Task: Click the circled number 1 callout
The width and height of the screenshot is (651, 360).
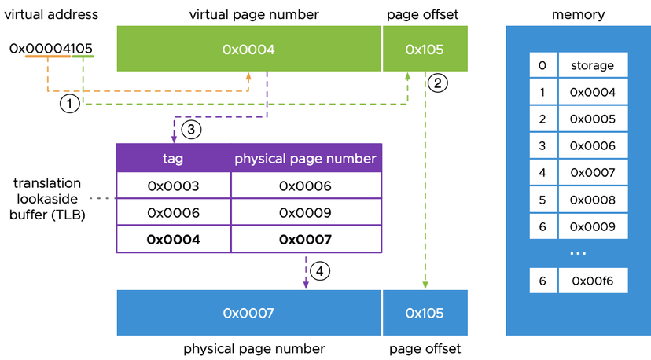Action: coord(70,103)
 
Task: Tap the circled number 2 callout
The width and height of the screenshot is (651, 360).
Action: coord(439,81)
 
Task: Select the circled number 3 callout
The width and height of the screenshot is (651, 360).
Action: coord(190,127)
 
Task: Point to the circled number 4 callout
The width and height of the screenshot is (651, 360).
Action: coord(319,271)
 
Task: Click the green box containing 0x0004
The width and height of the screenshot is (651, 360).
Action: coord(248,49)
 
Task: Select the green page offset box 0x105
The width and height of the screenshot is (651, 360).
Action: coord(425,49)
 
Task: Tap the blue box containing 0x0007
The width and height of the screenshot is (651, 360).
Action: coord(248,313)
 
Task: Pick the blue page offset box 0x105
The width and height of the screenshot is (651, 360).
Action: coord(425,313)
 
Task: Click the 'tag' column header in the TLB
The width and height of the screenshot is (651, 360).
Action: coord(173,158)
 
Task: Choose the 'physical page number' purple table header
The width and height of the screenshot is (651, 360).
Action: coord(306,158)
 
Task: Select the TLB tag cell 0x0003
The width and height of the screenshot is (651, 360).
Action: coord(173,186)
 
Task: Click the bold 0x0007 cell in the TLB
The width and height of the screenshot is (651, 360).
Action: coord(306,240)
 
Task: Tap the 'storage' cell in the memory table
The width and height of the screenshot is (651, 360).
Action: coord(593,65)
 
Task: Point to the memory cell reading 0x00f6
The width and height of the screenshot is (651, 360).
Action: coord(593,281)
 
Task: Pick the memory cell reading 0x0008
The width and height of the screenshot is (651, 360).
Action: coord(593,200)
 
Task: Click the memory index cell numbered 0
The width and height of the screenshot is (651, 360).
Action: coord(542,65)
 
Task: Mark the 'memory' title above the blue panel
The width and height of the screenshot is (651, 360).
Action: coord(578,14)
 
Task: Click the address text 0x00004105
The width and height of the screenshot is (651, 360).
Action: coord(51,49)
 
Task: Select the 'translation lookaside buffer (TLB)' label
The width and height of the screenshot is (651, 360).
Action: coord(49,198)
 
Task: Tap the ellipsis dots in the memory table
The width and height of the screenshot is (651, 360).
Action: coord(578,253)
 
